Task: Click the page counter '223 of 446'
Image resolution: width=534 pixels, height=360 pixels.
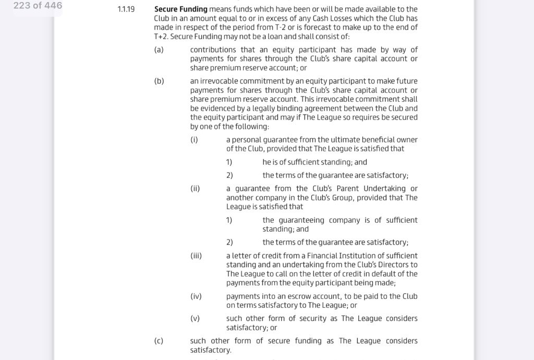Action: (x=38, y=6)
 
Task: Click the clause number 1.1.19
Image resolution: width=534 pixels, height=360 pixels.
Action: (x=126, y=9)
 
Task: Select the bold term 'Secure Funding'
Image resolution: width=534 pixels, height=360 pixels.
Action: (x=180, y=9)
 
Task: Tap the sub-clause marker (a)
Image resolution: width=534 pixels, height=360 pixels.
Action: (x=159, y=50)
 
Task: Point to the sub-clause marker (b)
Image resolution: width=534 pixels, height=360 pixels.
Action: (x=159, y=81)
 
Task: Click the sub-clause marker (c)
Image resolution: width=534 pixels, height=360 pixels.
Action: (x=159, y=341)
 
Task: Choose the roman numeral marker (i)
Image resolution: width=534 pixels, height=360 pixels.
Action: (x=194, y=140)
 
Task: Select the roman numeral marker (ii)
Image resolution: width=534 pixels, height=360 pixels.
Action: (x=195, y=189)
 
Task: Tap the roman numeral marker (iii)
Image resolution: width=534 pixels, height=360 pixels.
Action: (x=196, y=256)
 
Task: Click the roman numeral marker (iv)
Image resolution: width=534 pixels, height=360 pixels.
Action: (x=196, y=296)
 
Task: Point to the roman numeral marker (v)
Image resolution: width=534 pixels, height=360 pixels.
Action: (x=195, y=319)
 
